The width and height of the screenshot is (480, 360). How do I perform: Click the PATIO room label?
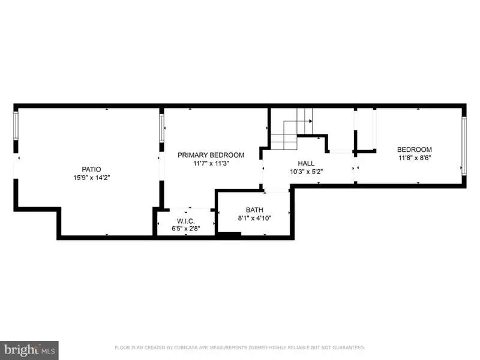pyautogui.click(x=91, y=169)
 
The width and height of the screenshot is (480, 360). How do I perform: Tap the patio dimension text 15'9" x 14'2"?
pyautogui.click(x=92, y=178)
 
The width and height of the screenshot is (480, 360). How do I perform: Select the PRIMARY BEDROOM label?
pyautogui.click(x=211, y=155)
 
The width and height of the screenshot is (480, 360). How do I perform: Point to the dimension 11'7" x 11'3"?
pyautogui.click(x=211, y=163)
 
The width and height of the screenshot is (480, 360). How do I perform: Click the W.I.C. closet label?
pyautogui.click(x=186, y=221)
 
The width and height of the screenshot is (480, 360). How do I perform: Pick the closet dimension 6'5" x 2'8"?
pyautogui.click(x=186, y=229)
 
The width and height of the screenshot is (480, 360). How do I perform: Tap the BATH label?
pyautogui.click(x=254, y=209)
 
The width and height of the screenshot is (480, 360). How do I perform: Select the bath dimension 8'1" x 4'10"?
pyautogui.click(x=254, y=218)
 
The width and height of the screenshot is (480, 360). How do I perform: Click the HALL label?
pyautogui.click(x=306, y=163)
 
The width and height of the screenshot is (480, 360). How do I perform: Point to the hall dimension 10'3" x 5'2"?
pyautogui.click(x=306, y=172)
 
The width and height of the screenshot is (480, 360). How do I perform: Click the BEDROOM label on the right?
pyautogui.click(x=415, y=149)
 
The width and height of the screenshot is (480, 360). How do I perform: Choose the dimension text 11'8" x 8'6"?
pyautogui.click(x=415, y=158)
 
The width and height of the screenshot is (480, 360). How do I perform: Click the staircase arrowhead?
pyautogui.click(x=310, y=121)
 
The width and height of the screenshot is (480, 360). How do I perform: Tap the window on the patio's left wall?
pyautogui.click(x=16, y=126)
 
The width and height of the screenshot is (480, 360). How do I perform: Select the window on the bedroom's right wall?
pyautogui.click(x=464, y=146)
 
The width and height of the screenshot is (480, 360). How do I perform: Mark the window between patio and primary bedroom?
pyautogui.click(x=161, y=128)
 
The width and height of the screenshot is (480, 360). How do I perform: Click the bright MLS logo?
pyautogui.click(x=29, y=350)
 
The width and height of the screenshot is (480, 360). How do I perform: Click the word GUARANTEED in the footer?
pyautogui.click(x=349, y=347)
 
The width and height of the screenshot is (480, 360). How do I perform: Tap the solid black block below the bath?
pyautogui.click(x=229, y=235)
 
